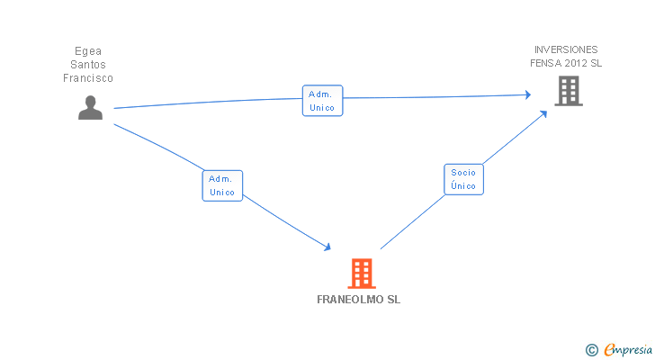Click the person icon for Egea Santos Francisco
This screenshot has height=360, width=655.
tap(90, 108)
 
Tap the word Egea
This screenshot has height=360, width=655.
tap(88, 51)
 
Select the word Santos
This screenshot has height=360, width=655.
tap(88, 65)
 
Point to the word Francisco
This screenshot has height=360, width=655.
tap(88, 78)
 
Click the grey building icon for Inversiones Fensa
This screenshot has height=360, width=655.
tap(569, 91)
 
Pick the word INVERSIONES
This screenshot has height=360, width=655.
tap(566, 49)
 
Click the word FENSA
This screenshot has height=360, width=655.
tap(545, 63)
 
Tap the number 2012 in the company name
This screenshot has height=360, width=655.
tap(576, 63)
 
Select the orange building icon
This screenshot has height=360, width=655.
tap(362, 274)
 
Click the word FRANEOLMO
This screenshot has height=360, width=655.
tap(350, 300)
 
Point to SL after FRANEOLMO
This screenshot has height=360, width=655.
tap(393, 300)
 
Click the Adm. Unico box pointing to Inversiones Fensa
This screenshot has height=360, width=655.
tap(322, 101)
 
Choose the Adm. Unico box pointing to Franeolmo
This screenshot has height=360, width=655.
tap(222, 185)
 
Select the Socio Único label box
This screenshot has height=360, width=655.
tap(463, 179)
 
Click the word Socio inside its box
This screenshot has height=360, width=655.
tap(463, 173)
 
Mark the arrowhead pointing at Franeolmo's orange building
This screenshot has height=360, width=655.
tap(327, 247)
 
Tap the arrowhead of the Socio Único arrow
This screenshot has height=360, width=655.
tap(543, 113)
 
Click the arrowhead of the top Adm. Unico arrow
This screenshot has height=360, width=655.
tap(528, 94)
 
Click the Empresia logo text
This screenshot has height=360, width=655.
tap(628, 349)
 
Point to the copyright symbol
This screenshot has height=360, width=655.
tap(591, 350)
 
